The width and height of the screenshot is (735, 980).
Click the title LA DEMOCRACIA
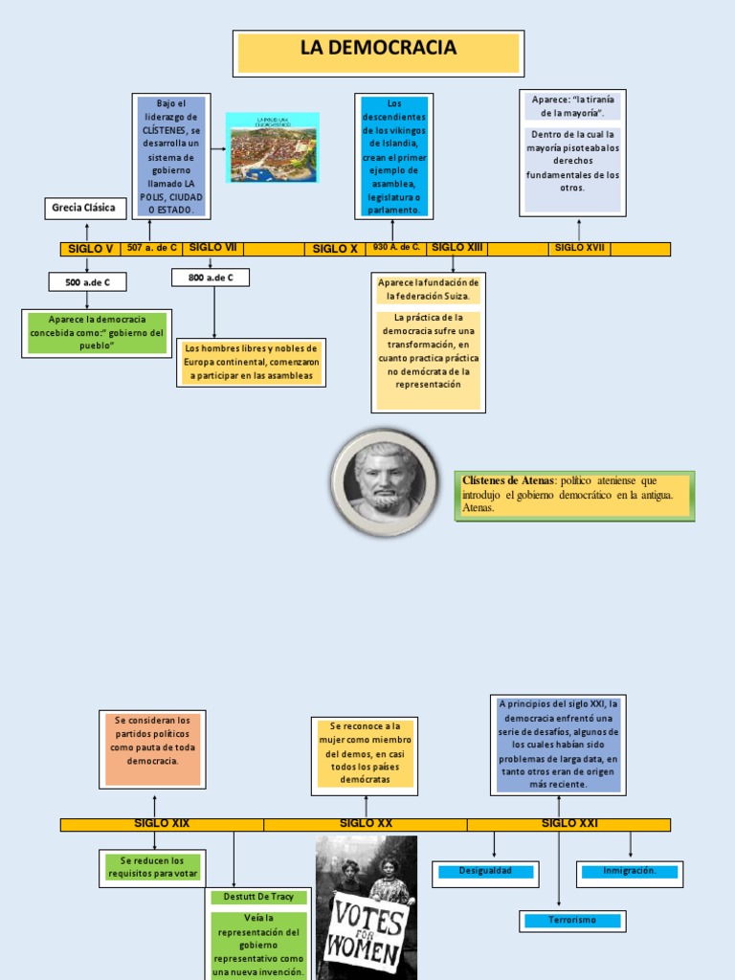click(378, 49)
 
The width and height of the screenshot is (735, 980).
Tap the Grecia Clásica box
click(85, 208)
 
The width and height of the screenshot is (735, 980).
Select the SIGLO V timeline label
click(91, 249)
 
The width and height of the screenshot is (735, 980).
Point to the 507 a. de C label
click(152, 248)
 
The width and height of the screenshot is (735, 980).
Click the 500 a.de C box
click(87, 282)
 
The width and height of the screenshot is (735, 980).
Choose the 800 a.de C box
click(211, 278)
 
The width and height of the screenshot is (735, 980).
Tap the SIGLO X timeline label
click(335, 249)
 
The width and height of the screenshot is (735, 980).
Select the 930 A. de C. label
click(396, 247)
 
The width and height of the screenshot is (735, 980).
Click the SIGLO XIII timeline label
click(457, 247)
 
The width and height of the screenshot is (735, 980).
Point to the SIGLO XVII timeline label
click(580, 248)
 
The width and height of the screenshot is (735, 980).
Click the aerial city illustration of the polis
click(273, 147)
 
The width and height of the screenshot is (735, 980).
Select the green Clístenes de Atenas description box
click(574, 495)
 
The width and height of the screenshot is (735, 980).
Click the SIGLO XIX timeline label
click(162, 823)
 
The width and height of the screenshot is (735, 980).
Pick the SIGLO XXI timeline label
click(569, 823)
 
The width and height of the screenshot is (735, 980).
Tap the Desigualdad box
click(486, 871)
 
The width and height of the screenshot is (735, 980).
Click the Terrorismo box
click(572, 920)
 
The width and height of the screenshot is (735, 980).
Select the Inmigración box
click(630, 872)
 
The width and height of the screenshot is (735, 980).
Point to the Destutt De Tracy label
click(259, 898)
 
